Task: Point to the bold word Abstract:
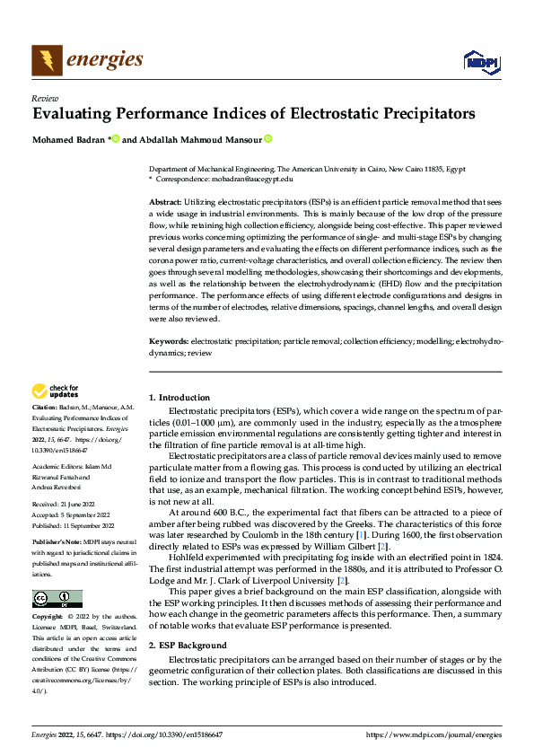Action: coord(165,204)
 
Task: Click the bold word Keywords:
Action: coord(168,342)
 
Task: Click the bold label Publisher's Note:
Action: coord(58,542)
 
